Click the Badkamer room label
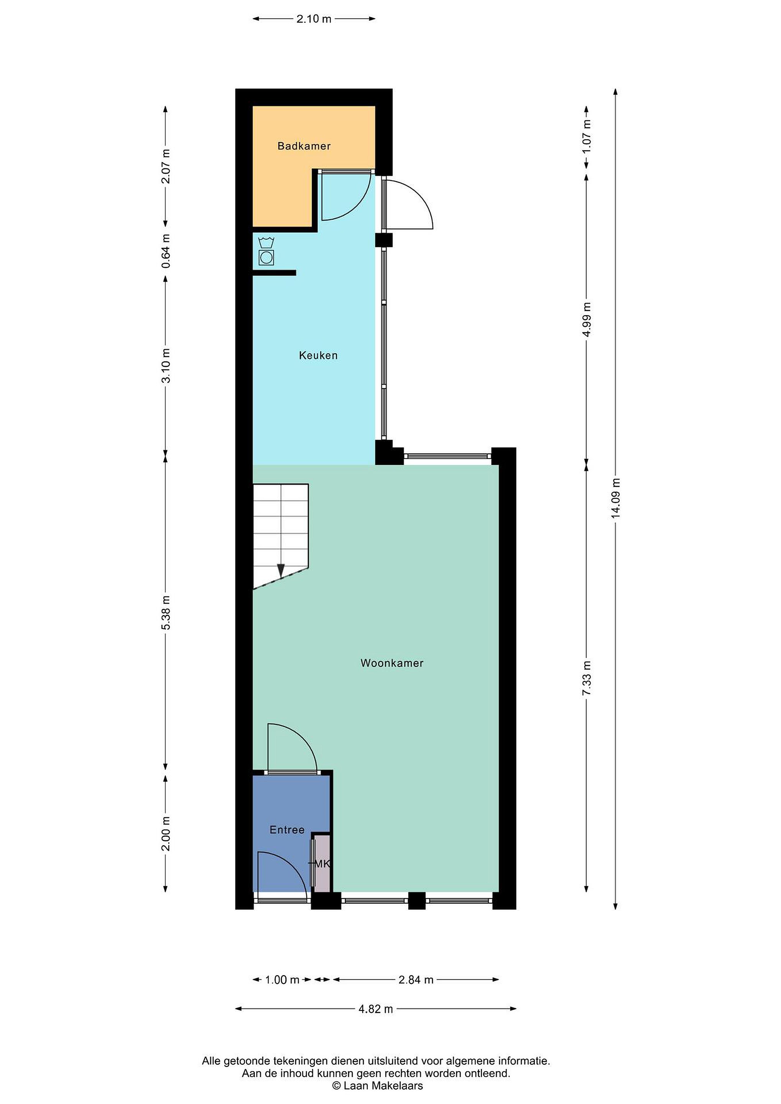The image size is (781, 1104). [304, 146]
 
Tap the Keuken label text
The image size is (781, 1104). [318, 355]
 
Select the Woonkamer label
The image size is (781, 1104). [392, 663]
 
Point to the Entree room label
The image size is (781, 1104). [287, 830]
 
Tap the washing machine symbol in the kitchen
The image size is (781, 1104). [266, 251]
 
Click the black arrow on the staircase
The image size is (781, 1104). [281, 571]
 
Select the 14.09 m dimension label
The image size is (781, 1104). [616, 499]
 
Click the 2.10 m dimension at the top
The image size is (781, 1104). [314, 19]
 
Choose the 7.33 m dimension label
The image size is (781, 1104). [587, 678]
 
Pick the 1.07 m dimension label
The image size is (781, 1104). [587, 136]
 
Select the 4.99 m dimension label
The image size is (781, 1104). [587, 320]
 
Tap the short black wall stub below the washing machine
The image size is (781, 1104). [274, 273]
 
